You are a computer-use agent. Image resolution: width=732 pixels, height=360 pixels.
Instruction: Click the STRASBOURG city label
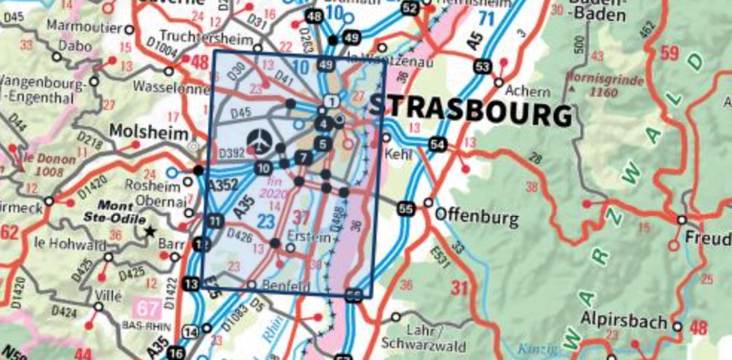point(470,112)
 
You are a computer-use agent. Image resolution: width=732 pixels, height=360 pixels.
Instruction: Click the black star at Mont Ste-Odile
point(150,231)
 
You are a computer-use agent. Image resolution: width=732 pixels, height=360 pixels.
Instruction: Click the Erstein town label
point(313,237)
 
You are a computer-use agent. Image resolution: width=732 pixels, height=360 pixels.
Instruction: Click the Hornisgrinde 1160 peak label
point(599,84)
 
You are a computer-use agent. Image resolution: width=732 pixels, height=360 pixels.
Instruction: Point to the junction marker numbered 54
point(439,144)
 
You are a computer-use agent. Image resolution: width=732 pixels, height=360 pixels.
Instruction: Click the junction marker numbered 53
point(483,68)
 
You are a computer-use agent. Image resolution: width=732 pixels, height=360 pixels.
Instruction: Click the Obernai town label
point(165,202)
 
